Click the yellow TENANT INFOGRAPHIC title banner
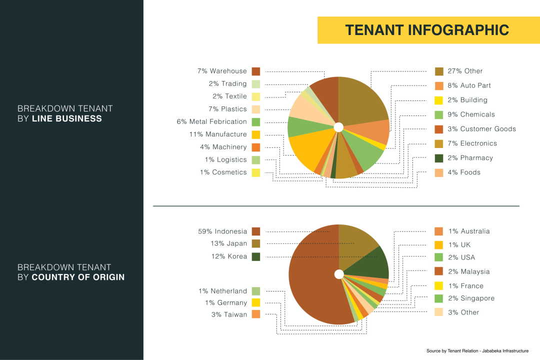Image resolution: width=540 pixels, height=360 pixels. coord(428,30)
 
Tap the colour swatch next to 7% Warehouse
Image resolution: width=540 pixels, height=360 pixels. coord(256,71)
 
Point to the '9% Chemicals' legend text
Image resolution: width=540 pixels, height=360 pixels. coord(471,114)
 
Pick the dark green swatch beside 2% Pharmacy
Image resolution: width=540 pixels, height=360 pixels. coord(439,158)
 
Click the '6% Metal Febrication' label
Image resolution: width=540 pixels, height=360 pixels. coord(211,121)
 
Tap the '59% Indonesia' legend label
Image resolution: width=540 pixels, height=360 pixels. coord(222,231)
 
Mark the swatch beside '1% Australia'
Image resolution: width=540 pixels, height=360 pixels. coord(439,231)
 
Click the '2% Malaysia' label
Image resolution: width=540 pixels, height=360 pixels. coord(468,271)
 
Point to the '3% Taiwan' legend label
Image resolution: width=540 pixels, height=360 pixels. coord(229,314)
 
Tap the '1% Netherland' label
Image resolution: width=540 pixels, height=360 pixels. coord(222,291)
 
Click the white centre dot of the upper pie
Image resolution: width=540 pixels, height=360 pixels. coord(338,127)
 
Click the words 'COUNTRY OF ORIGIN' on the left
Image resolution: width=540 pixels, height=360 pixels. coord(78,277)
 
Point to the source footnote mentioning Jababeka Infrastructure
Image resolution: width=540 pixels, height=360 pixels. coord(477,351)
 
